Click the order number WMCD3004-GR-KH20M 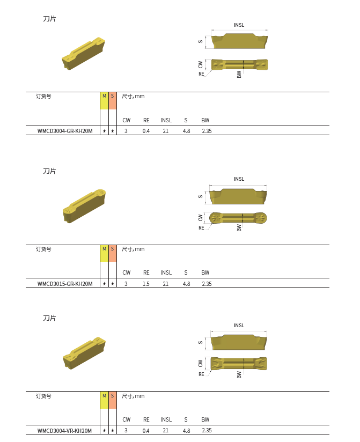click(65, 131)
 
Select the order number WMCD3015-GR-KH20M click(65, 284)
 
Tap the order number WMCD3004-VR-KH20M click(64, 430)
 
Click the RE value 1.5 click(146, 284)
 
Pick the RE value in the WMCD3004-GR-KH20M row click(146, 131)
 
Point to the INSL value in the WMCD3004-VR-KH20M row click(165, 430)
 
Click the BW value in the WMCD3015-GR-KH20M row click(207, 284)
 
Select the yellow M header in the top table click(104, 101)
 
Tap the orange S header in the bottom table click(113, 400)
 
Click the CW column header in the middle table click(126, 272)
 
